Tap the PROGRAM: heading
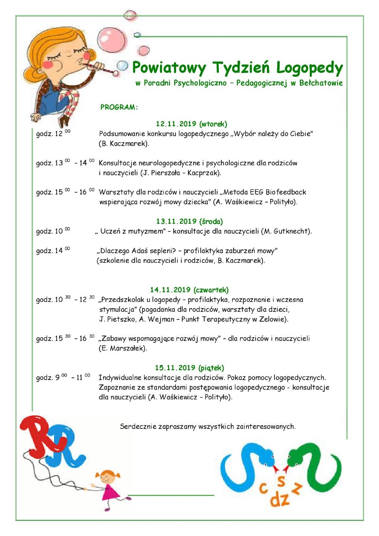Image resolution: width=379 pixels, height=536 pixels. [x=119, y=107]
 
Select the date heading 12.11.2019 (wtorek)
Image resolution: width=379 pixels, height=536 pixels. [x=191, y=124]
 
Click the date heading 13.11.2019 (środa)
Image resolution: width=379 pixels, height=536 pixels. [x=189, y=220]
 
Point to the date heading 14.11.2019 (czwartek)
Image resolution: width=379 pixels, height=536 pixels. [x=189, y=290]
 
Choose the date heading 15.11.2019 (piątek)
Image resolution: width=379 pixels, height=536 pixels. [x=189, y=367]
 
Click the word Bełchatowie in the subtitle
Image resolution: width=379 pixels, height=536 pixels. [x=322, y=83]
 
